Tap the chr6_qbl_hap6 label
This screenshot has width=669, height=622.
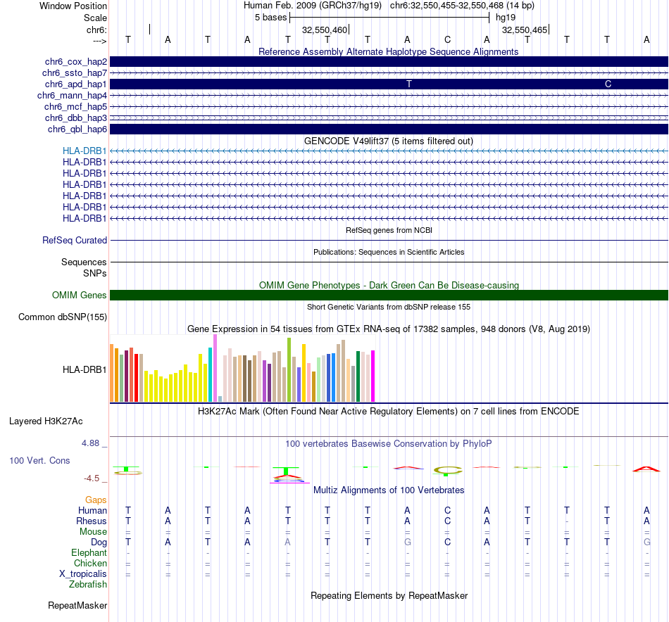tap(77, 129)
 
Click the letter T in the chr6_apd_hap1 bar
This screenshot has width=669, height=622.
tap(408, 84)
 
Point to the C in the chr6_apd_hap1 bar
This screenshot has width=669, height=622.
tap(608, 84)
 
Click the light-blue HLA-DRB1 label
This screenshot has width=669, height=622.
tap(85, 151)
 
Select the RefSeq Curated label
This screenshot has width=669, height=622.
tap(75, 241)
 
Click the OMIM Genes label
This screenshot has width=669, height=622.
tap(80, 296)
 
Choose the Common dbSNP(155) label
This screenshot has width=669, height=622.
tap(63, 317)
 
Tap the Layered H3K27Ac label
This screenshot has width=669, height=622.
tap(46, 421)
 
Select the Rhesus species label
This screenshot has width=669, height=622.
tap(92, 521)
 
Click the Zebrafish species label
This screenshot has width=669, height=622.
tap(88, 584)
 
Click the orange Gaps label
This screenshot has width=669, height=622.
tap(96, 500)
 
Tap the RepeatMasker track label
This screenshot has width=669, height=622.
tap(77, 605)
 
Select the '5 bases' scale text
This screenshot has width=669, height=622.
tap(270, 17)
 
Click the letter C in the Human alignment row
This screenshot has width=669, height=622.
tap(447, 510)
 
